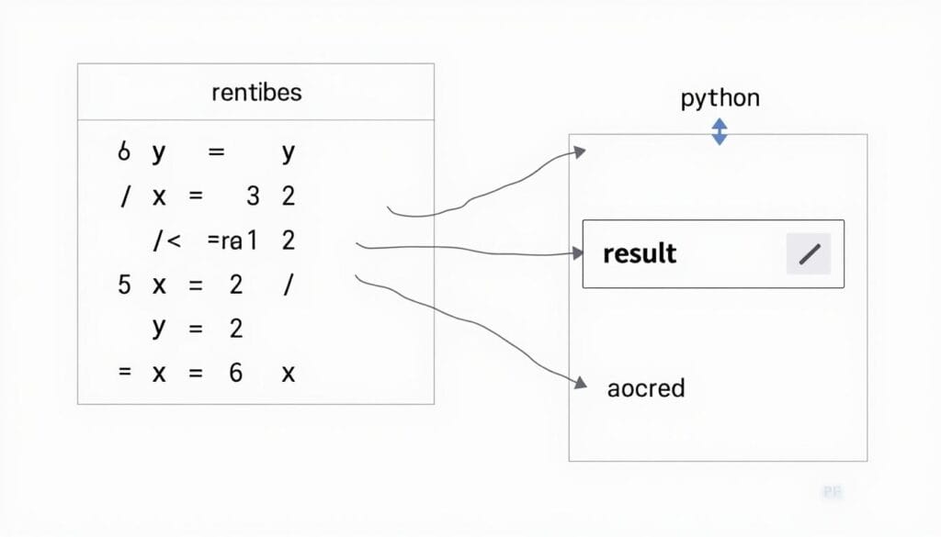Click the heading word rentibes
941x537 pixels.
(255, 93)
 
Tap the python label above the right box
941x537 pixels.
(720, 98)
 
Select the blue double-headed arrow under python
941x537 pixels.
(720, 131)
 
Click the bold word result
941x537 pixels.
(640, 253)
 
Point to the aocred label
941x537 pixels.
(646, 387)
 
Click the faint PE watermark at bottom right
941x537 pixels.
(832, 493)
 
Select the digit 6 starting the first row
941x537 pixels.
(124, 152)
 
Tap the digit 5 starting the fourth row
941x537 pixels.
(124, 285)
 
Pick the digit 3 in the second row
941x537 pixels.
(254, 196)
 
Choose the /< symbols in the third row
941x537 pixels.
(167, 241)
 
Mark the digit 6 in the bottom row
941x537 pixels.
(236, 373)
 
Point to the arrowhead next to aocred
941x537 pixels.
(579, 383)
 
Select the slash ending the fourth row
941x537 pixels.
(288, 285)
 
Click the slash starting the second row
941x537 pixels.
(124, 196)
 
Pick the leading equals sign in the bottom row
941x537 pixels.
(125, 373)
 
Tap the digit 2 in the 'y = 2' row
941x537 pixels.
(236, 328)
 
